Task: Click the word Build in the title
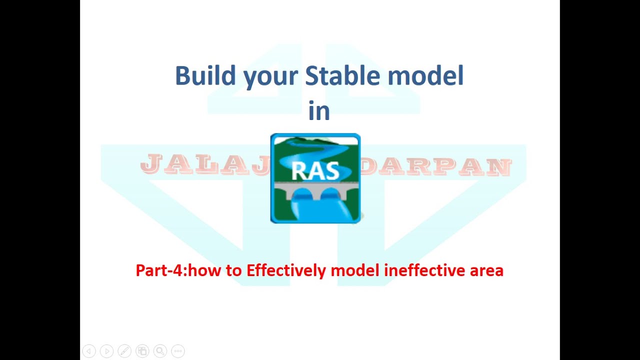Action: point(205,76)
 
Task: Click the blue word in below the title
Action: point(319,111)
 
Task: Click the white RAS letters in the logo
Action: point(315,170)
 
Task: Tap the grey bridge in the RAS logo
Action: point(315,193)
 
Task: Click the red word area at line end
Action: point(486,270)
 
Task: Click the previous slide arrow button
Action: point(88,351)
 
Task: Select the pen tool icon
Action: point(124,351)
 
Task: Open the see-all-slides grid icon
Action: point(142,351)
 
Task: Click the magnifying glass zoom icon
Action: point(160,351)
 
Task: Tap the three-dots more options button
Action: point(178,351)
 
